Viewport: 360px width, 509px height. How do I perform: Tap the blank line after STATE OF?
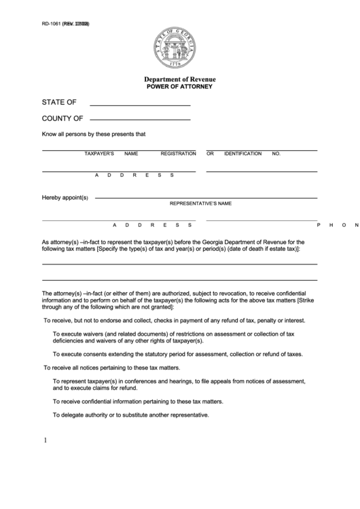pyautogui.click(x=140, y=105)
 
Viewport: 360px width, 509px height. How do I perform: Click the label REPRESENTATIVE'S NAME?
pyautogui.click(x=200, y=203)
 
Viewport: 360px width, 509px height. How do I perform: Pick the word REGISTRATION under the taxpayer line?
pyautogui.click(x=178, y=154)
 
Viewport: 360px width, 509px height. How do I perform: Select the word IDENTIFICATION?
pyautogui.click(x=242, y=154)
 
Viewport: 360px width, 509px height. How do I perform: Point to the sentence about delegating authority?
pyautogui.click(x=130, y=415)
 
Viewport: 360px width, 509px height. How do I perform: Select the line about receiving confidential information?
pyautogui.click(x=137, y=402)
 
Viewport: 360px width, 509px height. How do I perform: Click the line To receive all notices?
pyautogui.click(x=112, y=367)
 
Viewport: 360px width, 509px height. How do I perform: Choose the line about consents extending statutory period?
pyautogui.click(x=177, y=354)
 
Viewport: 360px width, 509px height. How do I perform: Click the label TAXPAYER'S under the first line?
pyautogui.click(x=98, y=154)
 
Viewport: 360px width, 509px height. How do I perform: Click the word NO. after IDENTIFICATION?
pyautogui.click(x=276, y=154)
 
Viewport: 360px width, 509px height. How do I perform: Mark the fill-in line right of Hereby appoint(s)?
pyautogui.click(x=206, y=197)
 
